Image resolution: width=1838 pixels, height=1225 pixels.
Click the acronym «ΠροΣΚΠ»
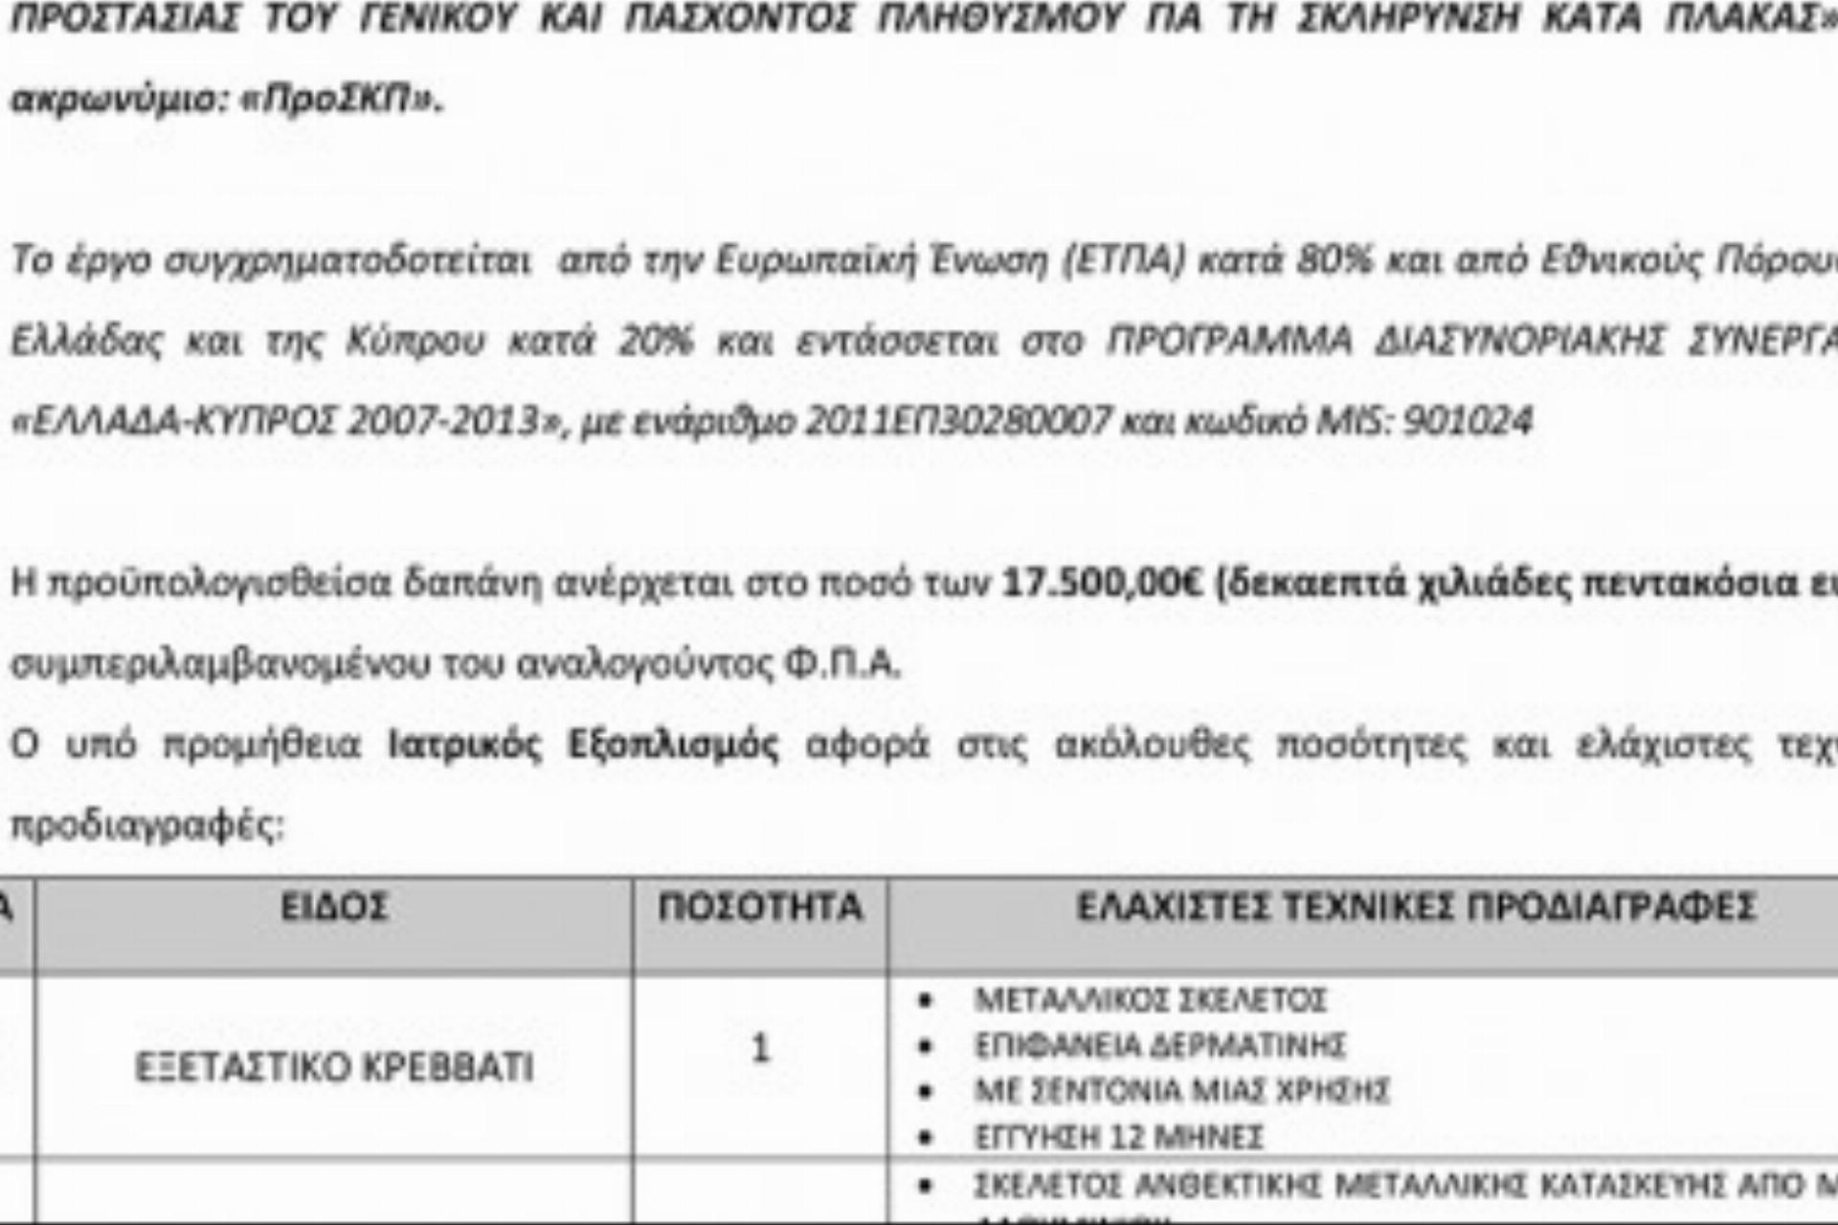pyautogui.click(x=340, y=100)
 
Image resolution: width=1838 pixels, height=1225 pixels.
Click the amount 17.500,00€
pyautogui.click(x=1101, y=583)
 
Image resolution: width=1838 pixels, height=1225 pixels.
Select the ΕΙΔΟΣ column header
pyautogui.click(x=333, y=906)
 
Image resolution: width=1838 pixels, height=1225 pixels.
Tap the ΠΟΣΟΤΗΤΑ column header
pyautogui.click(x=759, y=906)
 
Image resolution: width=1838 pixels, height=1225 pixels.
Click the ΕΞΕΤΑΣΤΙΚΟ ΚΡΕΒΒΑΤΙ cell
pyautogui.click(x=333, y=1067)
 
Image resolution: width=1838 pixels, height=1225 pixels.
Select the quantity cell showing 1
pyautogui.click(x=760, y=1049)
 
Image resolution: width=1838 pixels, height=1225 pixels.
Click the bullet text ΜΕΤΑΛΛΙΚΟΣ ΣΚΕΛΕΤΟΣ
pyautogui.click(x=1150, y=1000)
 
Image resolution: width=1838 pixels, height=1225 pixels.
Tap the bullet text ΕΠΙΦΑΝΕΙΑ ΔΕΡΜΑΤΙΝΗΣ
pyautogui.click(x=1159, y=1045)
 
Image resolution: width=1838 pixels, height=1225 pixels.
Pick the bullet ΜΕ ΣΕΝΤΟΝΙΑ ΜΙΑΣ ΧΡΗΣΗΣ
pyautogui.click(x=1181, y=1090)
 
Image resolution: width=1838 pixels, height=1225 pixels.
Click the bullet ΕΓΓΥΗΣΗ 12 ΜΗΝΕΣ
pyautogui.click(x=1118, y=1137)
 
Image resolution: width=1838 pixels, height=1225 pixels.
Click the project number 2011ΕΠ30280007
pyautogui.click(x=958, y=421)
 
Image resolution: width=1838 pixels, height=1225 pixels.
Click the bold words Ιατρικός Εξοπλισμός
pyautogui.click(x=583, y=745)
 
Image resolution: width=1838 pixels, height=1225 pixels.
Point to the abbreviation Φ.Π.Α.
pyautogui.click(x=841, y=663)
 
